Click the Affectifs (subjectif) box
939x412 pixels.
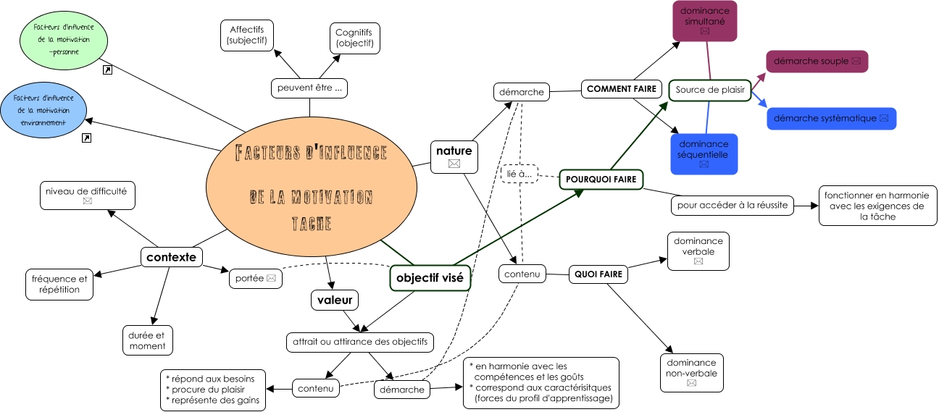[x=247, y=35]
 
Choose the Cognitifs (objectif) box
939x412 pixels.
[x=354, y=38]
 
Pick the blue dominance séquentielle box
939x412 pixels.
[x=704, y=154]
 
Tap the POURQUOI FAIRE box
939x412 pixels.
[x=601, y=180]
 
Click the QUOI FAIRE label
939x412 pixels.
[x=597, y=274]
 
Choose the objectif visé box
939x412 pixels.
[x=430, y=277]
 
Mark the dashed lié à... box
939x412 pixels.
[x=519, y=174]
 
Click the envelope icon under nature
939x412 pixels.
[x=454, y=164]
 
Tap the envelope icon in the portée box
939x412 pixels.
[x=271, y=277]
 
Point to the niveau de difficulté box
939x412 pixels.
[x=87, y=196]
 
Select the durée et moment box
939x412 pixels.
[x=148, y=340]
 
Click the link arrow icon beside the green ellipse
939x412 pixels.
[x=108, y=70]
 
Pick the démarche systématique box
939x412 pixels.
[x=831, y=119]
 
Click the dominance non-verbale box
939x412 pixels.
[x=691, y=372]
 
